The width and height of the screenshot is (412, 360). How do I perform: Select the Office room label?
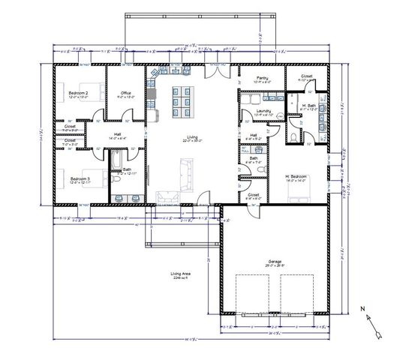[x=126, y=93]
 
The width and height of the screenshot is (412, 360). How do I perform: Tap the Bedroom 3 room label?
[x=79, y=178]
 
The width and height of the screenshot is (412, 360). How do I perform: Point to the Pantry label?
[x=263, y=77]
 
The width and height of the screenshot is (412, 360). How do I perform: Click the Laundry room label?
[x=263, y=111]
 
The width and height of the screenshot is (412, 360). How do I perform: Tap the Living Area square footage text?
[x=180, y=275]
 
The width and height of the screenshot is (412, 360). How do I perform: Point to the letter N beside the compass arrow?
[x=362, y=307]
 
